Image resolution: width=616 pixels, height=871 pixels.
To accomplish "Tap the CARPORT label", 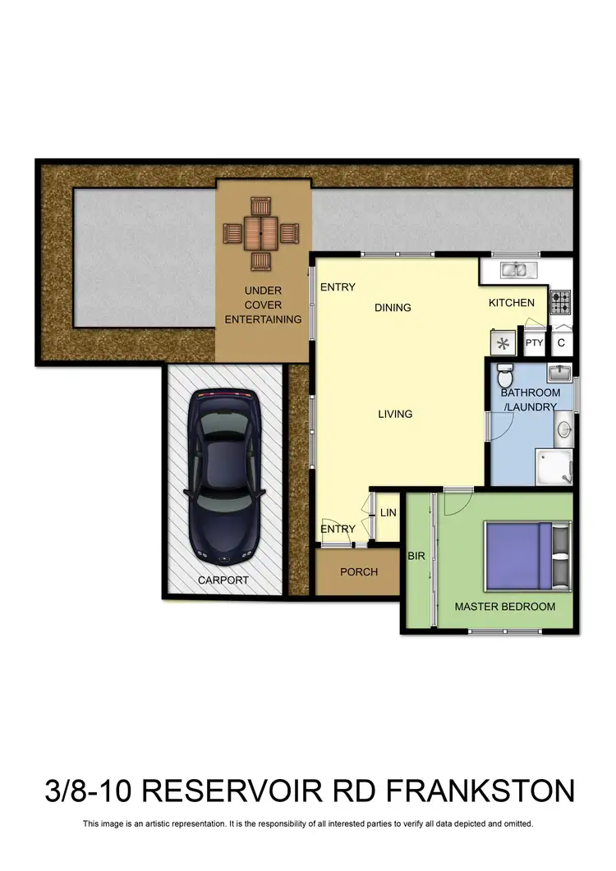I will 223,580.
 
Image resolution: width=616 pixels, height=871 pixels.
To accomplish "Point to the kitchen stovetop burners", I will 561,302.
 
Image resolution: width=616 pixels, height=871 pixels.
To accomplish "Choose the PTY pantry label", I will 535,343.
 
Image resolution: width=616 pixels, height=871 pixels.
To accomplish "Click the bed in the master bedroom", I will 526,554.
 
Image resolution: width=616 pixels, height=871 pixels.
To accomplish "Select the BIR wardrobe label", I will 416,557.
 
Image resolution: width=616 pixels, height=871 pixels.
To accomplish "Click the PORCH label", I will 359,571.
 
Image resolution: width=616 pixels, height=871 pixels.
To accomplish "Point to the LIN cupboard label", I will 388,513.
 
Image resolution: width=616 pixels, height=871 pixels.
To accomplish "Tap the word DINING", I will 393,308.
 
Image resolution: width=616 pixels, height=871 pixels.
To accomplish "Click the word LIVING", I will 395,414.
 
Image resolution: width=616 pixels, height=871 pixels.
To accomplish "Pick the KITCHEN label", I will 512,303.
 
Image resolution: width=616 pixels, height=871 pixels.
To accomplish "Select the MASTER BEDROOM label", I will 505,607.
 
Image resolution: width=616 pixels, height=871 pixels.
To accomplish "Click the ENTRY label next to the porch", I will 338,529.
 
